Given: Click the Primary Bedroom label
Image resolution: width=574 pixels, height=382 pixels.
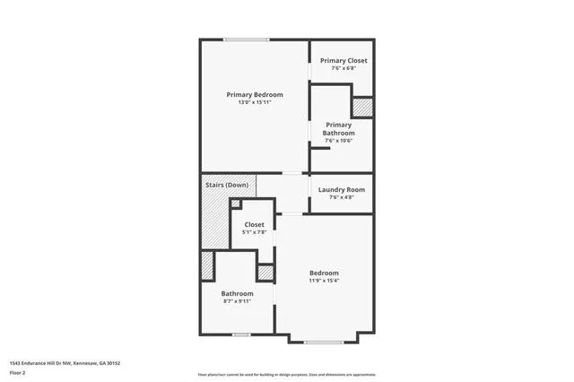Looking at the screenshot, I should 255,95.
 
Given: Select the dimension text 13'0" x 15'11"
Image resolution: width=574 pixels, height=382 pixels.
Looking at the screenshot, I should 255,102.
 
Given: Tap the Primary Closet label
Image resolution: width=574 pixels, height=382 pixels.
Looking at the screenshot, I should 344,61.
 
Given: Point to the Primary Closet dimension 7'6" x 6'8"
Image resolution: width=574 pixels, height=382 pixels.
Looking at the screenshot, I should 344,68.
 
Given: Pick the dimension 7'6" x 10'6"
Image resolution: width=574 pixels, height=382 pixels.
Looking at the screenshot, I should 339,141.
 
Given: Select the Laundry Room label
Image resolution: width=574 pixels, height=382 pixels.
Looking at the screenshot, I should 343,189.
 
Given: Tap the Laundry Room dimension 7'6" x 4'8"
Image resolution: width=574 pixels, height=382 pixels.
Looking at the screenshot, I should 343,197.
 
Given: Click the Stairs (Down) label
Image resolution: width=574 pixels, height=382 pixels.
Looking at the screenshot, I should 227,185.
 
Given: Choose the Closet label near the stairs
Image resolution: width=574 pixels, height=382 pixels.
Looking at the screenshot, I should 254,225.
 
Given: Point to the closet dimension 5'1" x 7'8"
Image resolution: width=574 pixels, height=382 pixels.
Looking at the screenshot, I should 254,232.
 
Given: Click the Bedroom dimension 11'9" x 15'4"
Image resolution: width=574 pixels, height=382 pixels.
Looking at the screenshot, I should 324,281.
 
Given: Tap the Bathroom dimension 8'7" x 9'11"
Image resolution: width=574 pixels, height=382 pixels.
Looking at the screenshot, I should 238,301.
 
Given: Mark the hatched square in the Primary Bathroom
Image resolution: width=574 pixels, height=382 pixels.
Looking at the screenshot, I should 362,107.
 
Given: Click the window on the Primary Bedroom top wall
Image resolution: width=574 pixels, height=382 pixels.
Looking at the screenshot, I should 247,39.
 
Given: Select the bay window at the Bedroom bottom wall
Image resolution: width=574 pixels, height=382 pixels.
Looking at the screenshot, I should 323,342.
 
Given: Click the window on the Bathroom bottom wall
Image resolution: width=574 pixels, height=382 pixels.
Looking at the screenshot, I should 240,334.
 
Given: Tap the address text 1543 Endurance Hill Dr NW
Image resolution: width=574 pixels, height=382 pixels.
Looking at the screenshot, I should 65,363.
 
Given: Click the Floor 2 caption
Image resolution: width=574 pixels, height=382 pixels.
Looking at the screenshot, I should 17,372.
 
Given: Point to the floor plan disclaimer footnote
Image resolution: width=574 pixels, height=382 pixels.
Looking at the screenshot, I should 287,374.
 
